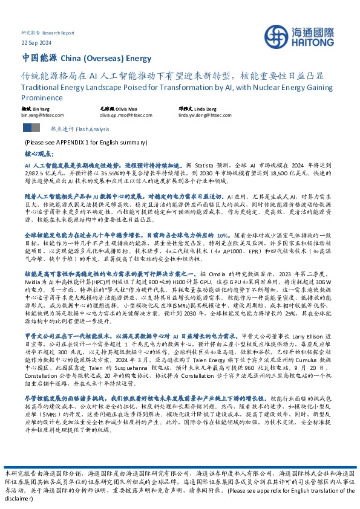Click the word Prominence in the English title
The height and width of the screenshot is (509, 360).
[x=42, y=96]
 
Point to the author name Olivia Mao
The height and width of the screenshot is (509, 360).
[x=125, y=107]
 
